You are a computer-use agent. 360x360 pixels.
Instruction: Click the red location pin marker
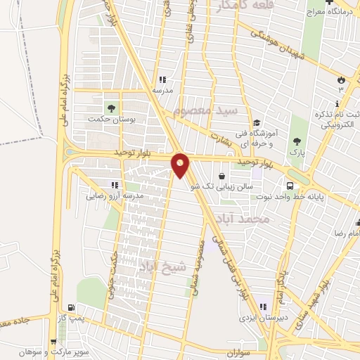[x=181, y=165]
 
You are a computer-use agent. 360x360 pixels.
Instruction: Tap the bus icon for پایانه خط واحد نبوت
[x=290, y=185]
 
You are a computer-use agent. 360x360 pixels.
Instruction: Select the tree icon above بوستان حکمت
[x=110, y=108]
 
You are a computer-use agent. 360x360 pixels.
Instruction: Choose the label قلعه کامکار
[x=224, y=8]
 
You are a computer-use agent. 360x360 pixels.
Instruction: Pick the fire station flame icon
[x=341, y=79]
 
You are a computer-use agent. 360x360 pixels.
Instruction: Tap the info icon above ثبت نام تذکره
[x=337, y=104]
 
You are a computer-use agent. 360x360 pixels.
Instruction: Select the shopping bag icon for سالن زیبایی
[x=223, y=176]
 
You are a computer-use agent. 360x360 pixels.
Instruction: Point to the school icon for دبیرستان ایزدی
[x=264, y=306]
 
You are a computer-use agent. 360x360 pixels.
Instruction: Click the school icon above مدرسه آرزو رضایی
[x=114, y=185]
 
